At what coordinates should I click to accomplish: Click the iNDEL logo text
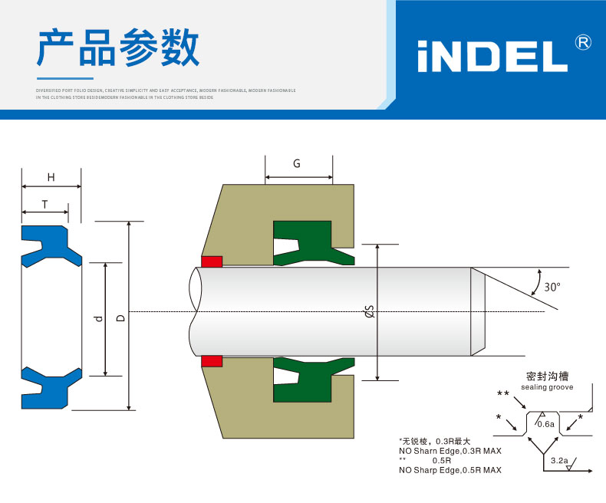[x=492, y=56]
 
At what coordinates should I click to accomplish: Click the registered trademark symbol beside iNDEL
[x=583, y=42]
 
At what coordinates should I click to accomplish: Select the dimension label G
[x=297, y=163]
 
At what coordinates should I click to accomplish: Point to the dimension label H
[x=51, y=177]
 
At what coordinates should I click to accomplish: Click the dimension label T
[x=44, y=204]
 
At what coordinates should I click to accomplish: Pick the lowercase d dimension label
[x=97, y=318]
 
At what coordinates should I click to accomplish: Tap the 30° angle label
[x=552, y=287]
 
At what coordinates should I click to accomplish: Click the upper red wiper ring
[x=211, y=261]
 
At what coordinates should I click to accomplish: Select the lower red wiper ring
[x=211, y=360]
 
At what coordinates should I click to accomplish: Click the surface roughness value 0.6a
[x=545, y=424]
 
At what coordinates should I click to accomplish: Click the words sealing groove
[x=547, y=388]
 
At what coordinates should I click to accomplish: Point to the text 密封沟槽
[x=547, y=376]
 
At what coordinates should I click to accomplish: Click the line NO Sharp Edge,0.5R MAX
[x=450, y=470]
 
